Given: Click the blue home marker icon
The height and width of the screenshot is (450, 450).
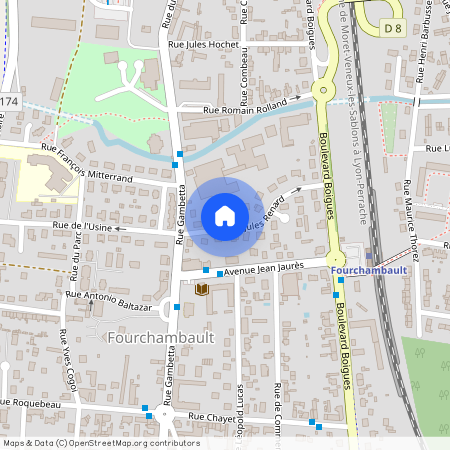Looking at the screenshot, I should tap(225, 215).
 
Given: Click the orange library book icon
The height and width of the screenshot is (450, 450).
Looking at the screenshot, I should tap(203, 289).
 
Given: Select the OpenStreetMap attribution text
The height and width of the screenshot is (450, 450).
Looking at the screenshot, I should tap(101, 442).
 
